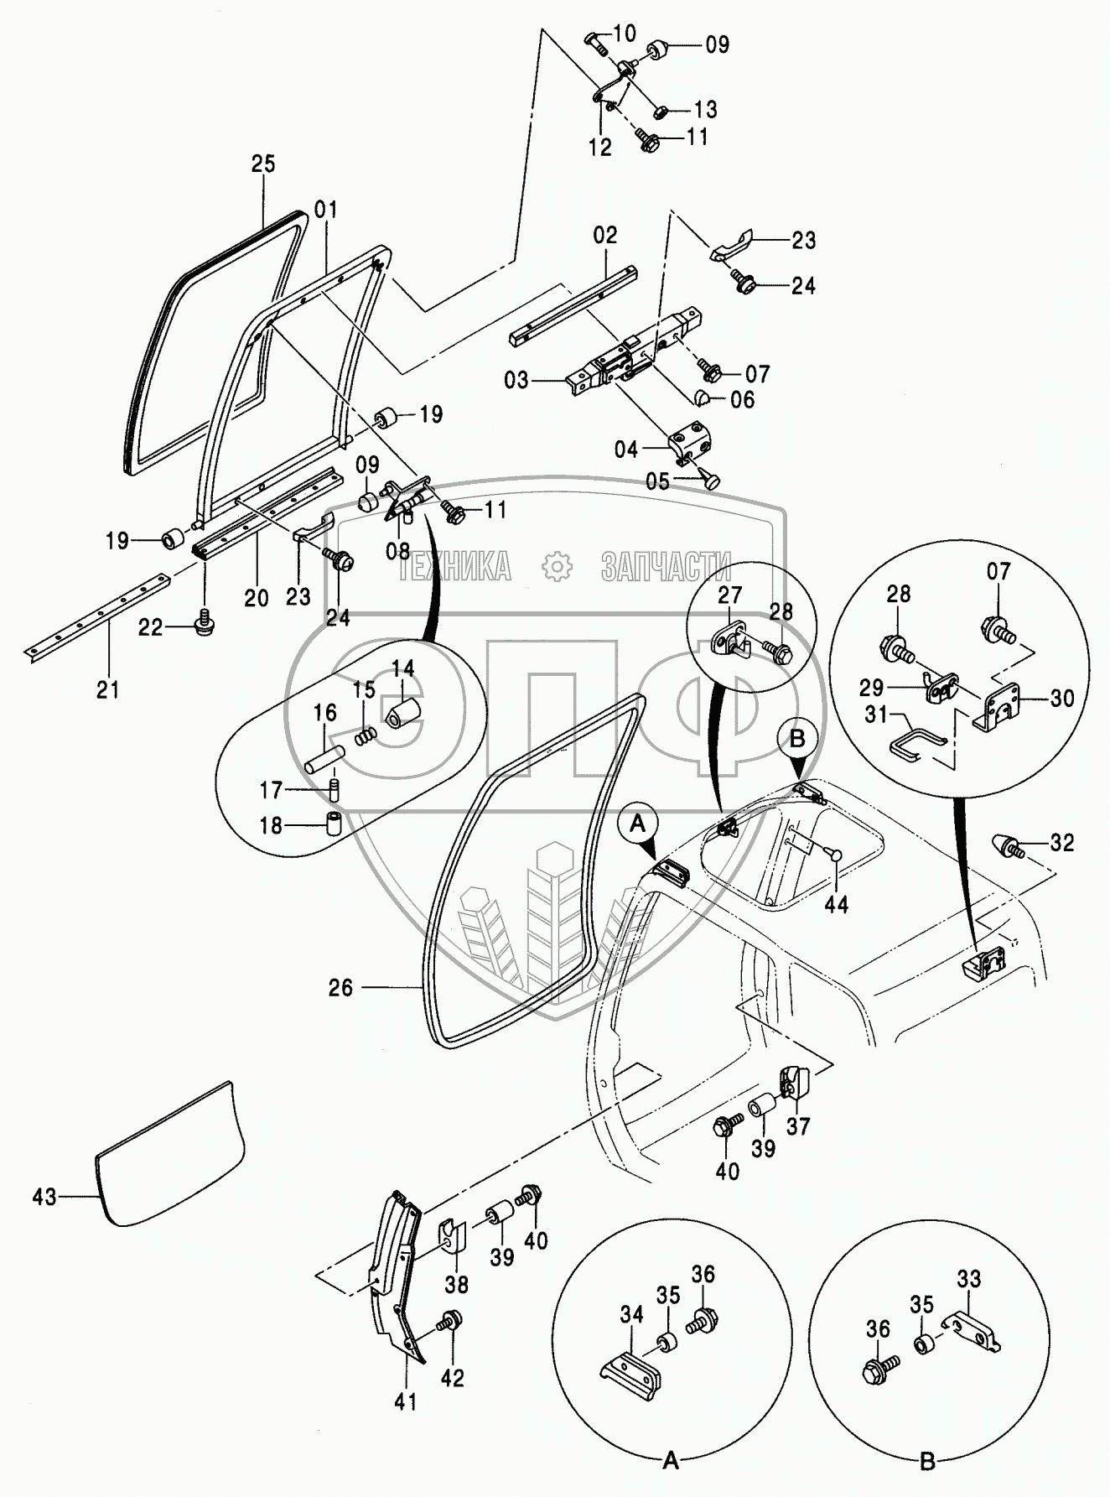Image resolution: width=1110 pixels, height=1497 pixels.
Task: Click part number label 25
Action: [263, 164]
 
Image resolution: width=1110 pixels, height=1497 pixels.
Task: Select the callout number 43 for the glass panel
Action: [44, 1197]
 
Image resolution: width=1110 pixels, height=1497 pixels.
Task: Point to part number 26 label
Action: [340, 988]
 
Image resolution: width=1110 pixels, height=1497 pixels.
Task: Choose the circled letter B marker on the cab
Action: [797, 739]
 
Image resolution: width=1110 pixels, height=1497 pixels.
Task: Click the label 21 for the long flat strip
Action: [108, 689]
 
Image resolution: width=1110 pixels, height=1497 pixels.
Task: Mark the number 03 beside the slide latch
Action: [517, 381]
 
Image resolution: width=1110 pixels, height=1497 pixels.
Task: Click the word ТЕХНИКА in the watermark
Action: [454, 568]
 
